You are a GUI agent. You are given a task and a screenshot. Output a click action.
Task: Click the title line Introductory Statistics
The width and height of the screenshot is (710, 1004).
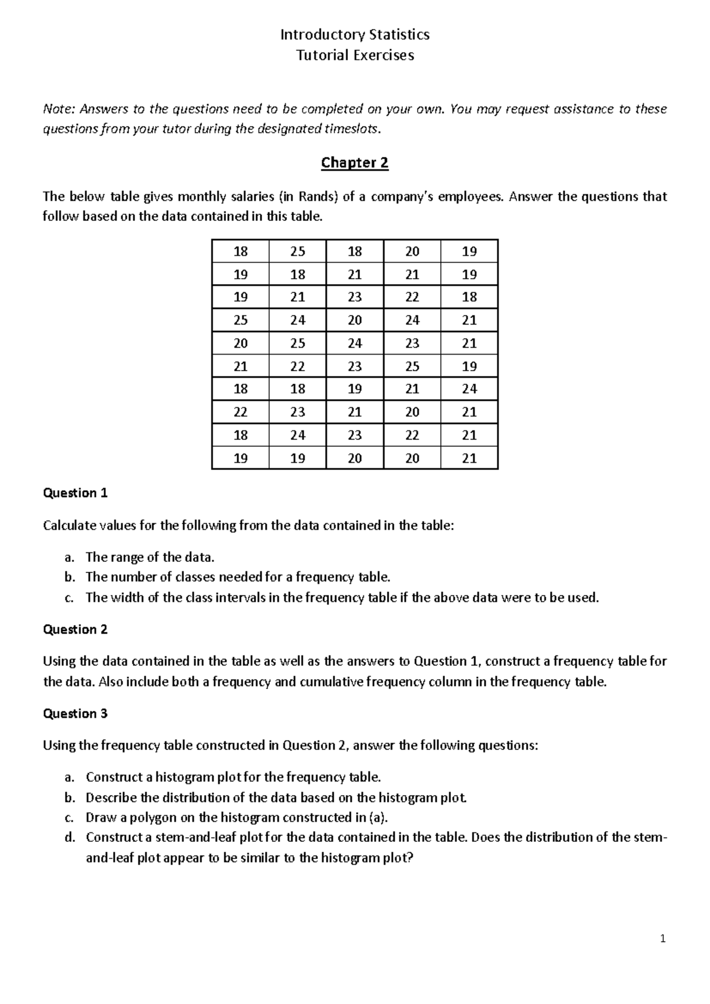tap(354, 35)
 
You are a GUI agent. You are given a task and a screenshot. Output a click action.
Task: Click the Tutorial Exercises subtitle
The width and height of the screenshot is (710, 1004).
tap(354, 56)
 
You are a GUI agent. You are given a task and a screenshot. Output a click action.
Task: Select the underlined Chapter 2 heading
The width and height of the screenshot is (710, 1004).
tap(354, 163)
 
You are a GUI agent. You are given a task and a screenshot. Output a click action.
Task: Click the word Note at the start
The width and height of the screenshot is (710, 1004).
tap(59, 109)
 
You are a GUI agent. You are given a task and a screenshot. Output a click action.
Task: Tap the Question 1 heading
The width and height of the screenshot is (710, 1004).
tap(75, 493)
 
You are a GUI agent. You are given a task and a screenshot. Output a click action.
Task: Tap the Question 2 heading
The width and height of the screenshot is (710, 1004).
tap(75, 630)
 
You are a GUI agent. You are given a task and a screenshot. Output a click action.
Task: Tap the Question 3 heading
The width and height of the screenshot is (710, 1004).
tap(75, 714)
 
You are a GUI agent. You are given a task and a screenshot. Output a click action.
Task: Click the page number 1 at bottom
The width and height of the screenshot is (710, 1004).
tap(663, 939)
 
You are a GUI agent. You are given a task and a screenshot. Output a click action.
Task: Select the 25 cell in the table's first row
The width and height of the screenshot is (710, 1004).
tap(298, 252)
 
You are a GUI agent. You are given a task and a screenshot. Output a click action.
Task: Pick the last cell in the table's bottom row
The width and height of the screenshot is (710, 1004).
tap(469, 458)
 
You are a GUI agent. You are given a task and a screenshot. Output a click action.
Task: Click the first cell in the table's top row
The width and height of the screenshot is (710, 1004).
tap(240, 252)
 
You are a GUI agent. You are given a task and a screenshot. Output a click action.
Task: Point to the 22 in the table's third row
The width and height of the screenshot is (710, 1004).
tap(412, 297)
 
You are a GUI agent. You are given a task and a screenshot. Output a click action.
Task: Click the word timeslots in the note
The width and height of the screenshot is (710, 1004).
tap(348, 129)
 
